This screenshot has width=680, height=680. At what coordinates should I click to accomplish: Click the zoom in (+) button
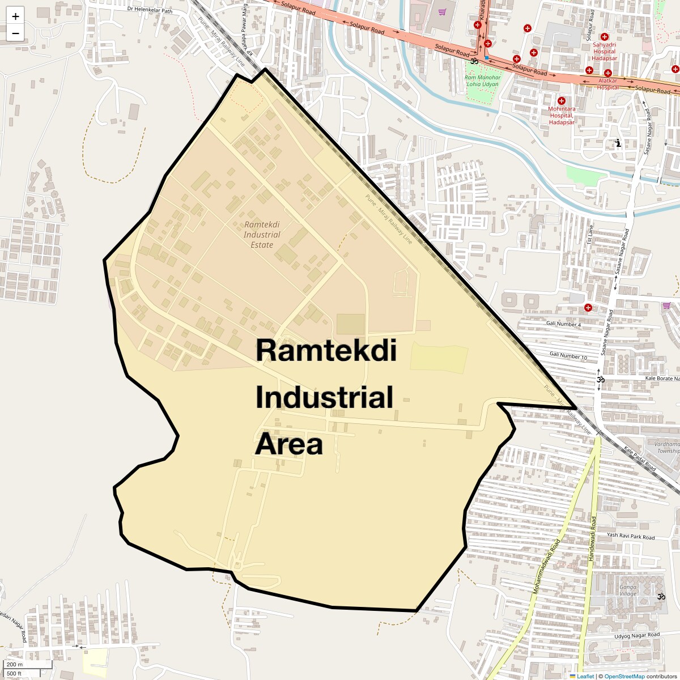tap(15, 16)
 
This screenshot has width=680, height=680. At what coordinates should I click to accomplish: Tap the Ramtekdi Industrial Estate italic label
tap(262, 235)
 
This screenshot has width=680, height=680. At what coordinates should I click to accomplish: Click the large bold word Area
tap(289, 444)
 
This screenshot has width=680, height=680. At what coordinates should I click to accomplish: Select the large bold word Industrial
tap(324, 397)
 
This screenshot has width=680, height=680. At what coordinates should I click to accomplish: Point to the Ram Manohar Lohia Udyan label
tap(483, 81)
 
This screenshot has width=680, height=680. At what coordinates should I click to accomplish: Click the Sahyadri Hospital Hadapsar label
tap(604, 52)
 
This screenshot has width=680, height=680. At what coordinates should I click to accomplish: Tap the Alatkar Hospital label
tap(607, 84)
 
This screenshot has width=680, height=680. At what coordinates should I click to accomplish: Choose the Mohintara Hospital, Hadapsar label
tap(562, 116)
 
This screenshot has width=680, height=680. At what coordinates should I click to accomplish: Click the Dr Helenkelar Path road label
tap(150, 10)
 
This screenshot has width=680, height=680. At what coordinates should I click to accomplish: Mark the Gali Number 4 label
tap(563, 324)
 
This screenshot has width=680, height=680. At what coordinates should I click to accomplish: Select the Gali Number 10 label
tap(568, 356)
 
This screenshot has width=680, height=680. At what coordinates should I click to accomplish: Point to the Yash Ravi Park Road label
tap(630, 536)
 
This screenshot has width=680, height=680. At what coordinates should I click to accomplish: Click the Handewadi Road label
tap(593, 538)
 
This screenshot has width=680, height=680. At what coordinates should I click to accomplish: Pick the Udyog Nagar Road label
tap(637, 636)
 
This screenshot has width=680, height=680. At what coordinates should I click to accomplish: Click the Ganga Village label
tap(627, 590)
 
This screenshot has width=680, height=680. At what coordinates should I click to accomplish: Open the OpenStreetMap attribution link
tap(624, 676)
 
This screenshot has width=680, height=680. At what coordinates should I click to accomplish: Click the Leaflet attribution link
tap(585, 676)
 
